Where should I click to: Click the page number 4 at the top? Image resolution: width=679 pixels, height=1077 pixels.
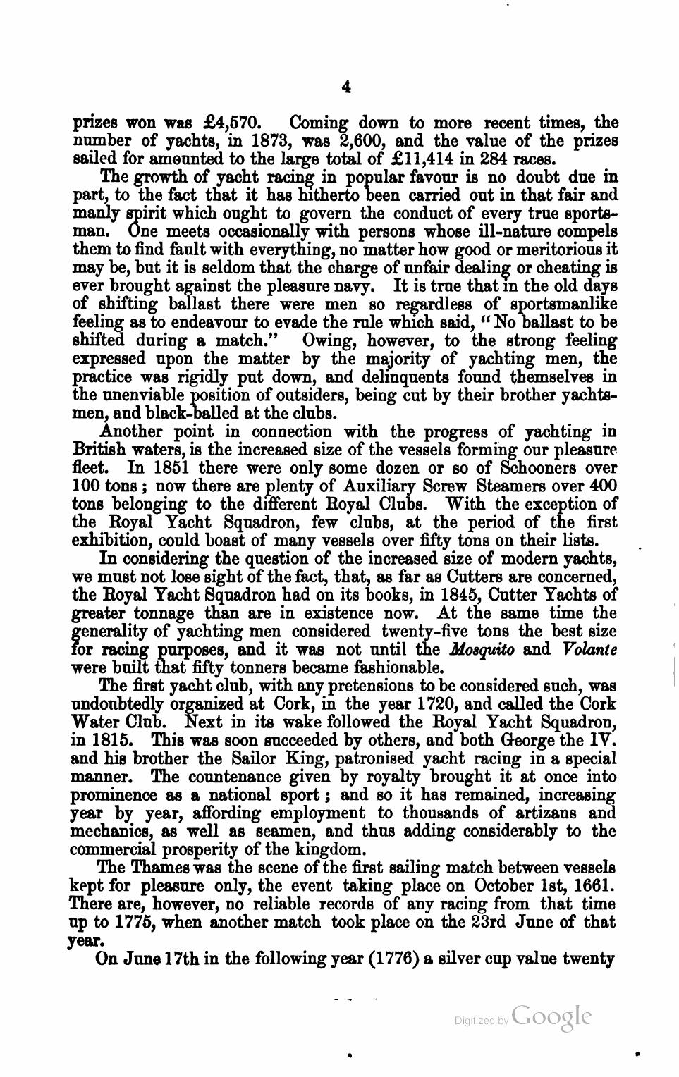(x=345, y=87)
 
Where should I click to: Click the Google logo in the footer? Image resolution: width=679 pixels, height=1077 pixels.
(x=552, y=1016)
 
